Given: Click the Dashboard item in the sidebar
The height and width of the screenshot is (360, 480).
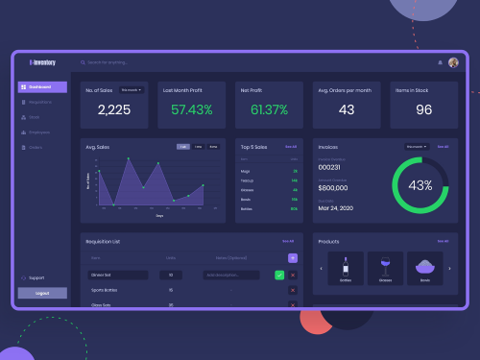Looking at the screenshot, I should click(x=41, y=87).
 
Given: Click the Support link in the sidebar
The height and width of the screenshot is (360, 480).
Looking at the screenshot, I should click(x=37, y=277).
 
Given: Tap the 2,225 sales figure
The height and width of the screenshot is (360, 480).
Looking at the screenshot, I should click(x=114, y=109).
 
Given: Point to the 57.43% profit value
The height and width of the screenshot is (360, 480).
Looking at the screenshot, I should click(x=191, y=109).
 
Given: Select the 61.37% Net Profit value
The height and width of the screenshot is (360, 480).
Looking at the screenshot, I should click(x=269, y=109).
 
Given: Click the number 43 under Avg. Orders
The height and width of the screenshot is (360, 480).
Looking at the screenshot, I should click(x=347, y=109).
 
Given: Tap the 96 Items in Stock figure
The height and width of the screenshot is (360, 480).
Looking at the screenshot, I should click(x=423, y=109).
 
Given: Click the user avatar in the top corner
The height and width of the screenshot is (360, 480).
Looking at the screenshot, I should click(x=453, y=63).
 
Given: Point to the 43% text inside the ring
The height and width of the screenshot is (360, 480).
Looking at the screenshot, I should click(x=420, y=185).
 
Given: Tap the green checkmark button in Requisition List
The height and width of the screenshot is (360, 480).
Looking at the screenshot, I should click(x=279, y=275).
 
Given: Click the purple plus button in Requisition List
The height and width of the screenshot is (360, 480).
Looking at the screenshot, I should click(x=293, y=258).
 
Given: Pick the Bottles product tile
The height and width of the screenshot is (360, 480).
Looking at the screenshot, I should click(x=345, y=268).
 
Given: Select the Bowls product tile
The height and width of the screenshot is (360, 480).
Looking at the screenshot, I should click(x=425, y=268).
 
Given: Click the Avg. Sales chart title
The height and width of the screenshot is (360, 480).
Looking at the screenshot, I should click(x=96, y=148).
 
